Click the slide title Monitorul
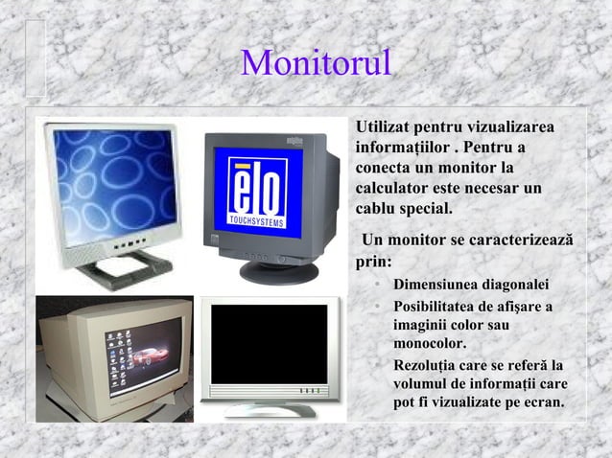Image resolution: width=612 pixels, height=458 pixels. coord(317,63)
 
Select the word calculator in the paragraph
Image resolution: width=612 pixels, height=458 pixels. coord(394,187)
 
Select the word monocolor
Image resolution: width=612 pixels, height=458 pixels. coord(430,343)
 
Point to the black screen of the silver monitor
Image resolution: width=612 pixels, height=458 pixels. coord(268,344)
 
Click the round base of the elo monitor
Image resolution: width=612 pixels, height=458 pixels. coord(278,271)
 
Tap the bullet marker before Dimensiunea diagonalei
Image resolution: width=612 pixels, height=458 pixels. coord(380,285)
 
